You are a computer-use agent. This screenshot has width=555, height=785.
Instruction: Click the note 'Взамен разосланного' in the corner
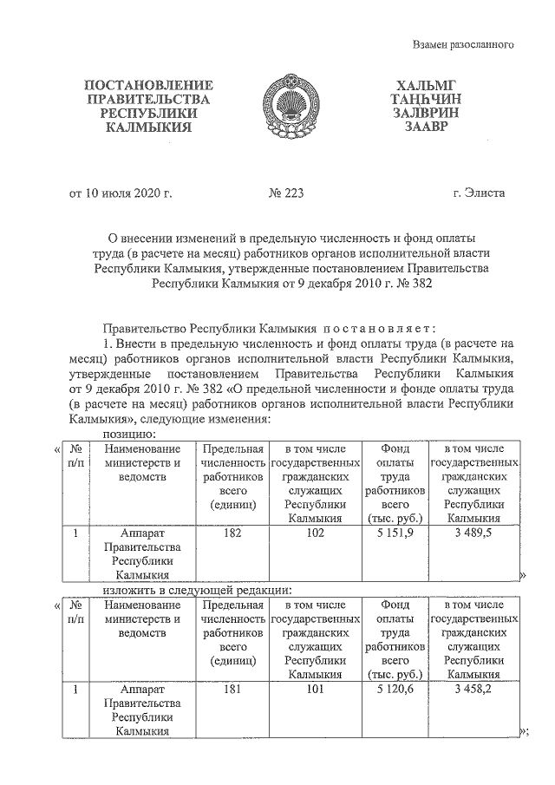click(x=464, y=43)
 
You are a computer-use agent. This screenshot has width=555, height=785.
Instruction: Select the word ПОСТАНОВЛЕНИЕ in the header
click(x=147, y=85)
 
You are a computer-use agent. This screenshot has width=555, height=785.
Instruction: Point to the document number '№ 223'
click(x=286, y=193)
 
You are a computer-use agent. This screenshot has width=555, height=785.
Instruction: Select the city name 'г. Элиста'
click(x=478, y=193)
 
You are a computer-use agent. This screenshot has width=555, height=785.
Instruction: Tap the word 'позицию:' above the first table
click(x=129, y=433)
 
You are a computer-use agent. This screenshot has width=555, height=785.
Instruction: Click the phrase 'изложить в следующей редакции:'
click(x=195, y=589)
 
